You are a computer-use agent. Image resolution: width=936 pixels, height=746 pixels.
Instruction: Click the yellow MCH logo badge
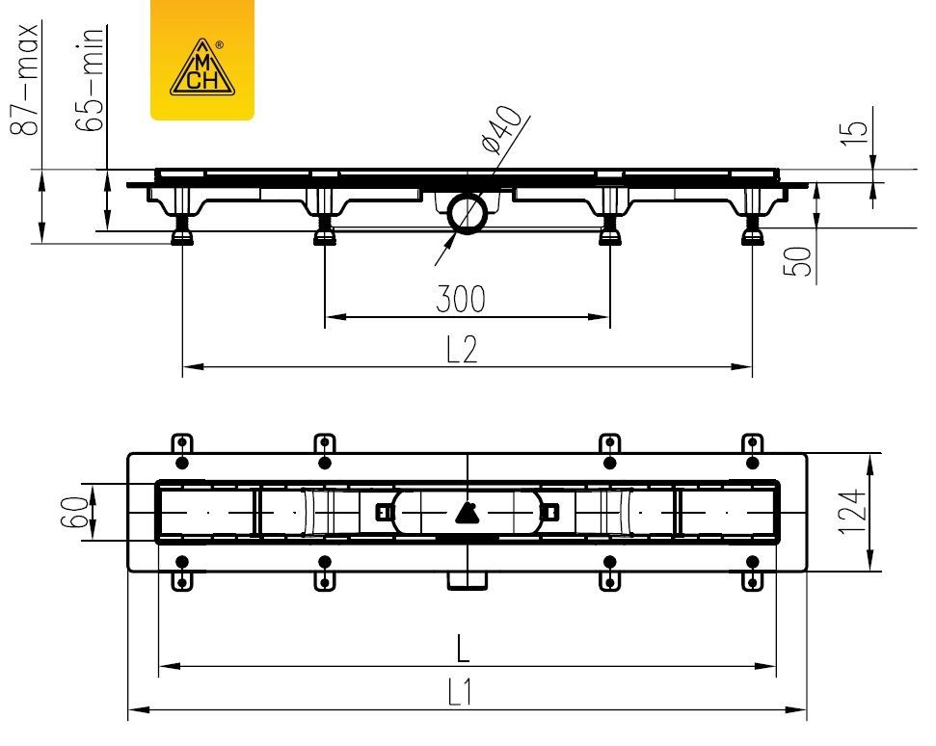(x=201, y=60)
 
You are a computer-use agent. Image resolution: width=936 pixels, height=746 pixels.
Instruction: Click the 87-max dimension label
(x=25, y=79)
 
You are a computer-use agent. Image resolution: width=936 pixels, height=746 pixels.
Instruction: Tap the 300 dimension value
(x=461, y=299)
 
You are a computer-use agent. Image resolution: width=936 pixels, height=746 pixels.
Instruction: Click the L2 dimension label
(x=462, y=349)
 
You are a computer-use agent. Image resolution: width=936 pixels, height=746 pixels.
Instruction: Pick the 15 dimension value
(x=854, y=132)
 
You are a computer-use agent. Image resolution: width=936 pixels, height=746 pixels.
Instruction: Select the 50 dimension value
(x=797, y=261)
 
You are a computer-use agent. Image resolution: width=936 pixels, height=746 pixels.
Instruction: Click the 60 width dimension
(x=74, y=512)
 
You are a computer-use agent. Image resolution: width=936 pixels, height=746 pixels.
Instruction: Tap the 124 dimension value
(x=852, y=512)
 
